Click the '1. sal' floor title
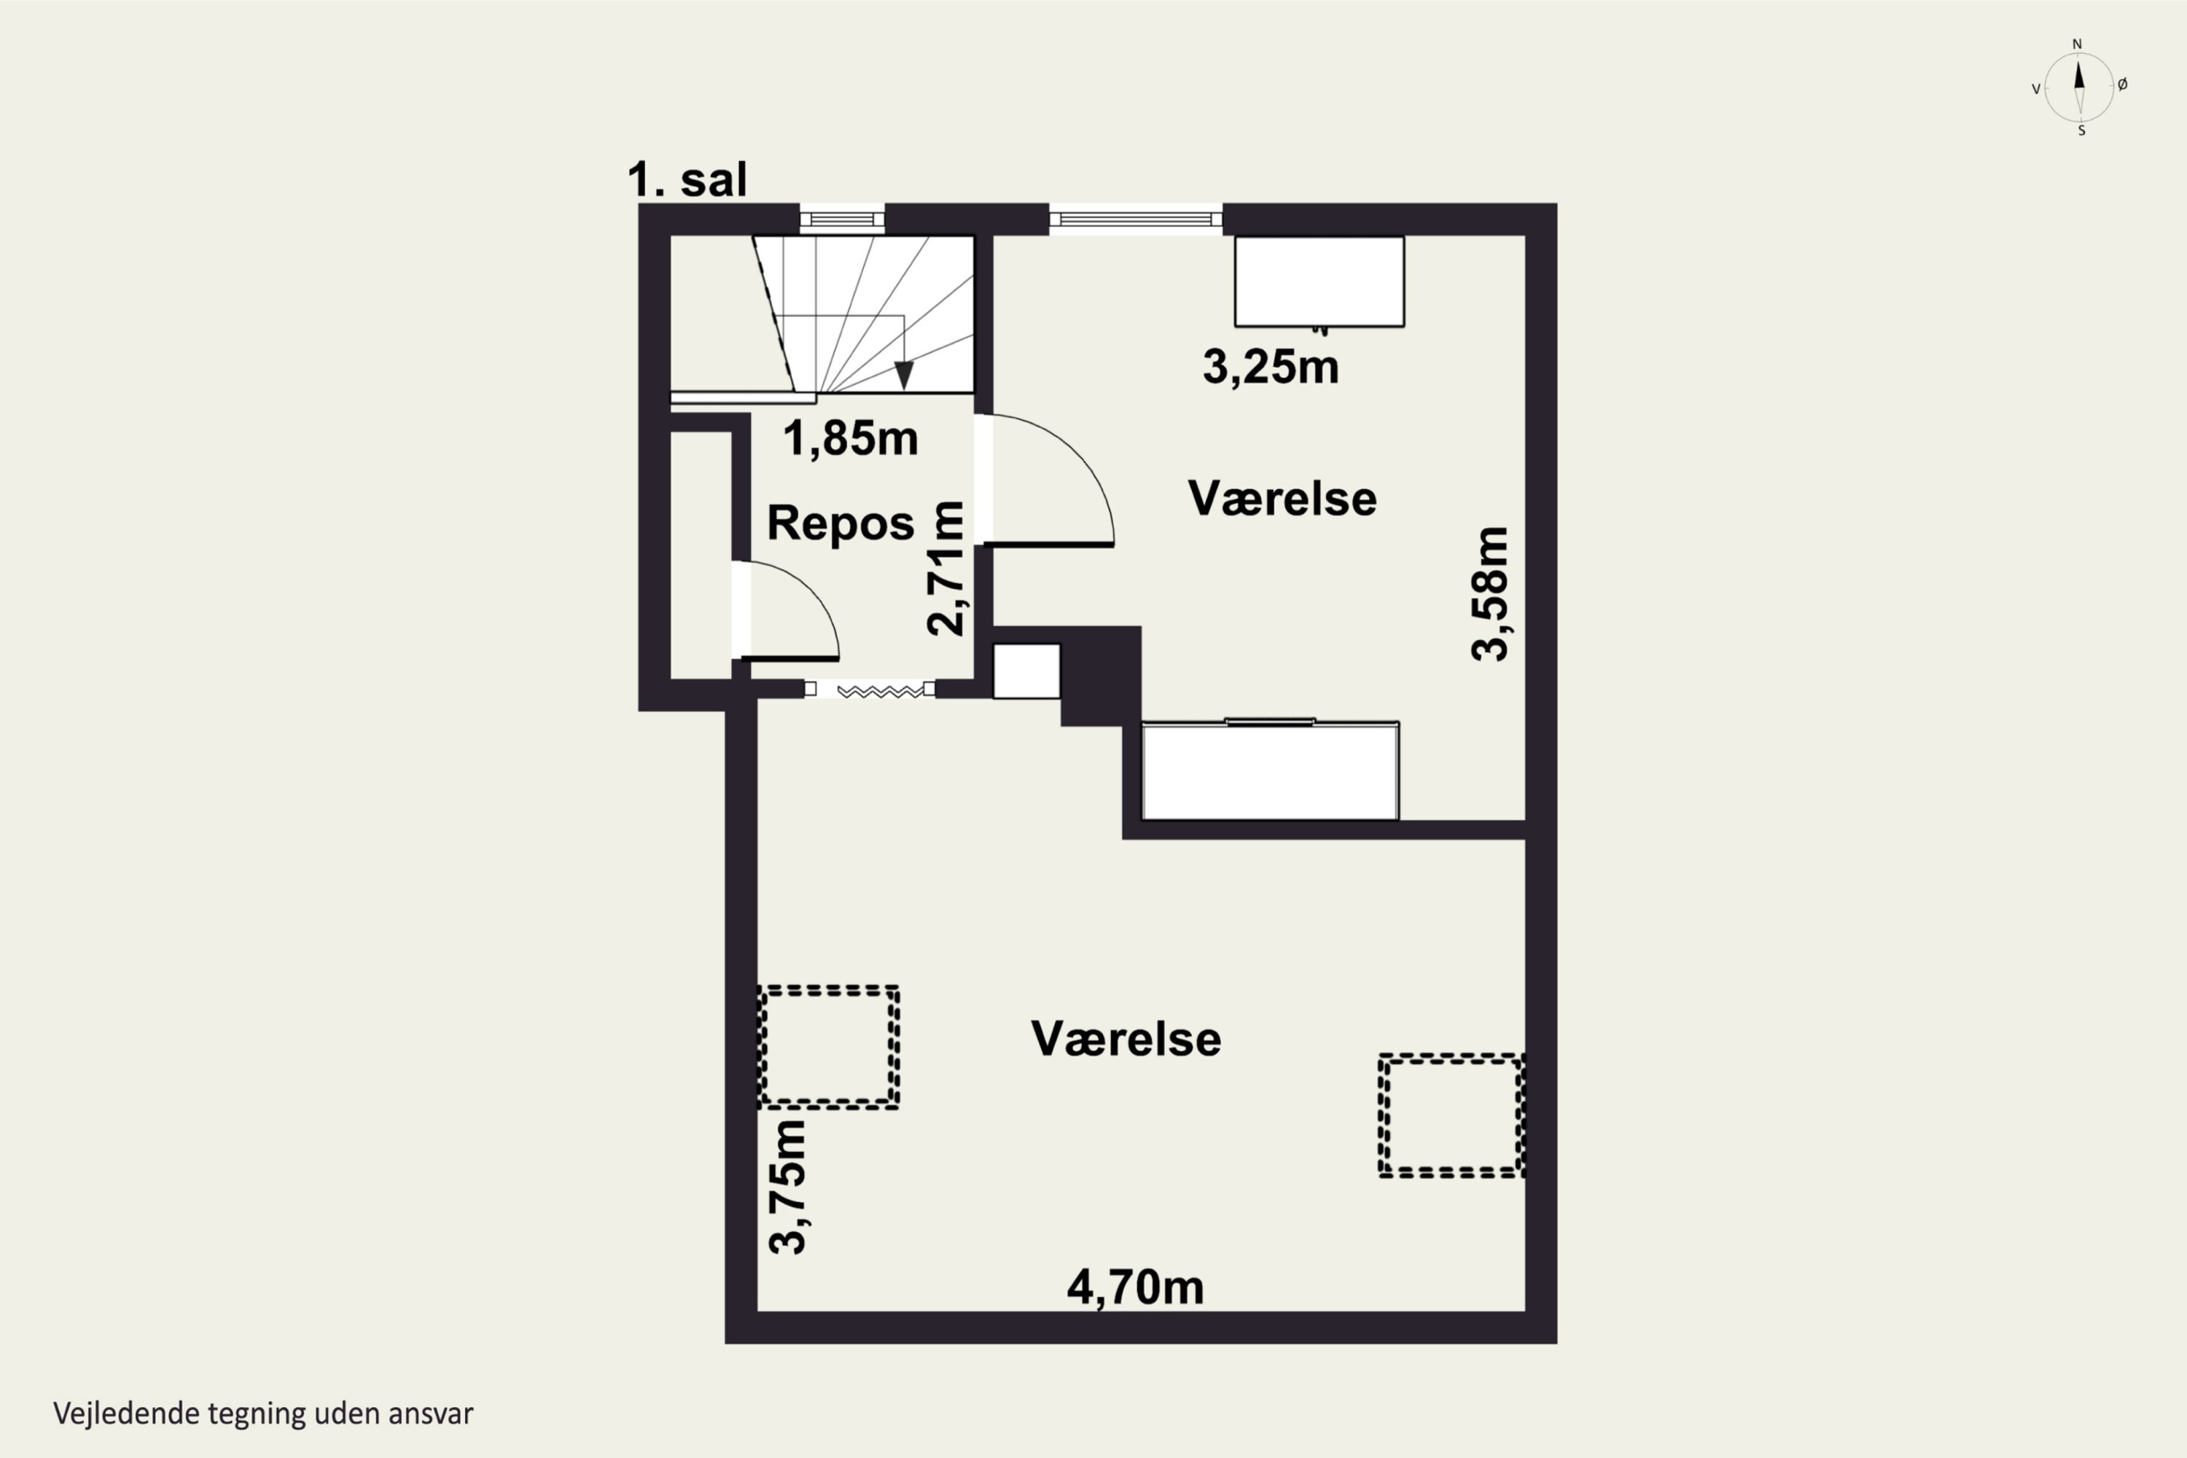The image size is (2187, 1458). point(687,179)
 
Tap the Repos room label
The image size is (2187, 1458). point(841,523)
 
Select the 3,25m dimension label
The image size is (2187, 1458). point(1270,367)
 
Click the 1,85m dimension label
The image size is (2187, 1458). point(850,438)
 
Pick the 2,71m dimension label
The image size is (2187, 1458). point(946,568)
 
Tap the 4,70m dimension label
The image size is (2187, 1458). point(1134,1288)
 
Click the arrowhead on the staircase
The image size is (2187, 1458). point(903,375)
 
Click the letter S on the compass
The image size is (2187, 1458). point(2081,131)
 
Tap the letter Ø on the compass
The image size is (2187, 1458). point(2122,85)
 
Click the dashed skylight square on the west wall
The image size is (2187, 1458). point(828,1047)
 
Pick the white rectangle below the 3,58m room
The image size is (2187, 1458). point(1269,771)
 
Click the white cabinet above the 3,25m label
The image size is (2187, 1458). point(1319,281)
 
